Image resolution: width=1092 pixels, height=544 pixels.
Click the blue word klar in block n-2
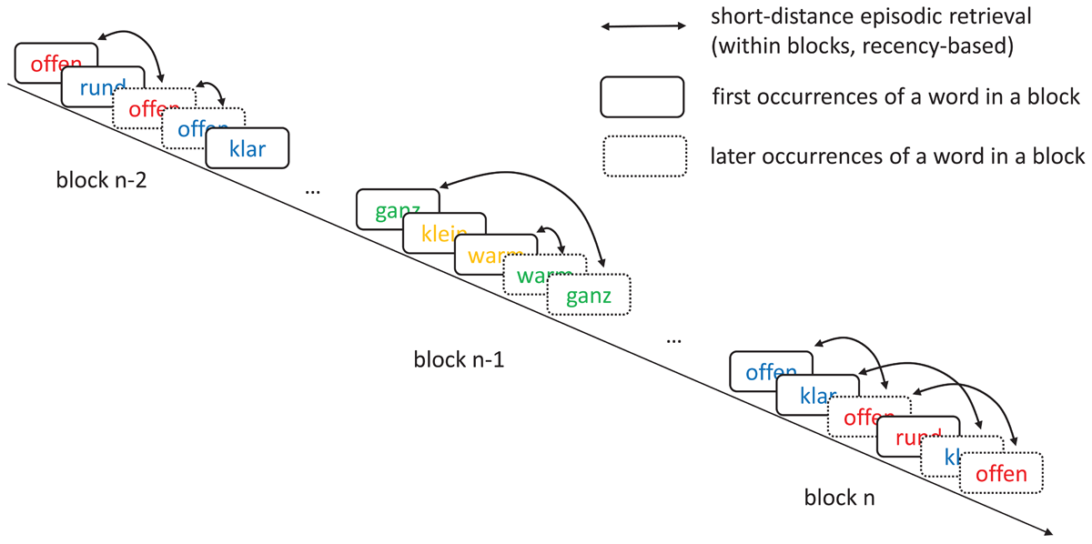248,149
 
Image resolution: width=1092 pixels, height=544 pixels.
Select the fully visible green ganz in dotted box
588,296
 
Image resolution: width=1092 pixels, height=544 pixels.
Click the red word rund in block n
914,437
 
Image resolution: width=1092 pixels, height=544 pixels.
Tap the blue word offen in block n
770,372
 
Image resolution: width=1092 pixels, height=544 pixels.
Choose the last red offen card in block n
1000,474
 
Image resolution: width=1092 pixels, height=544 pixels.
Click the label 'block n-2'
99,182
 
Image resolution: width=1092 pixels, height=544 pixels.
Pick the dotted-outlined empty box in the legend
642,156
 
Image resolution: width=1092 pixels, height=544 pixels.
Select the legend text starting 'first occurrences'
896,96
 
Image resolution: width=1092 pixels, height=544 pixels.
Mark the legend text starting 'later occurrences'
897,156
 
